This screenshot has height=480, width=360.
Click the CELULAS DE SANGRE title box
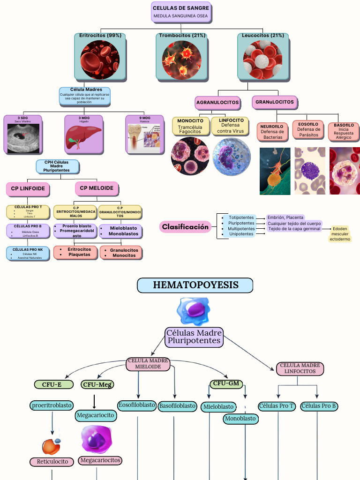[180, 12]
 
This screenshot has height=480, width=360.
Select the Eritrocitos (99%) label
[100, 36]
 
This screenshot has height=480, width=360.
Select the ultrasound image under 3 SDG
[22, 137]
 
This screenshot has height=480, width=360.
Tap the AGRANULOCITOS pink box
[217, 102]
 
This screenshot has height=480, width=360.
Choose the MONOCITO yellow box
[190, 126]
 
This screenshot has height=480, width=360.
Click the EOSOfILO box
[308, 129]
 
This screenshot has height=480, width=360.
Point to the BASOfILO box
[344, 131]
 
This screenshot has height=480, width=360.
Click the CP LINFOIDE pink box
[28, 189]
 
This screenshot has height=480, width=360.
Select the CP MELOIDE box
[97, 188]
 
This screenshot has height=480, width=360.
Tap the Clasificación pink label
[185, 227]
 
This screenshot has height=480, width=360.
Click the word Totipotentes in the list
[241, 217]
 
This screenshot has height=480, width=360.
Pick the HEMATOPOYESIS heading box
[195, 285]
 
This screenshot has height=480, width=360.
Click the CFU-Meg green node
[97, 385]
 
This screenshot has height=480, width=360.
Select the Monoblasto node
[240, 419]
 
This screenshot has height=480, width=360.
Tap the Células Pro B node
[319, 406]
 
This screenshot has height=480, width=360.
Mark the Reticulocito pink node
[52, 462]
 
